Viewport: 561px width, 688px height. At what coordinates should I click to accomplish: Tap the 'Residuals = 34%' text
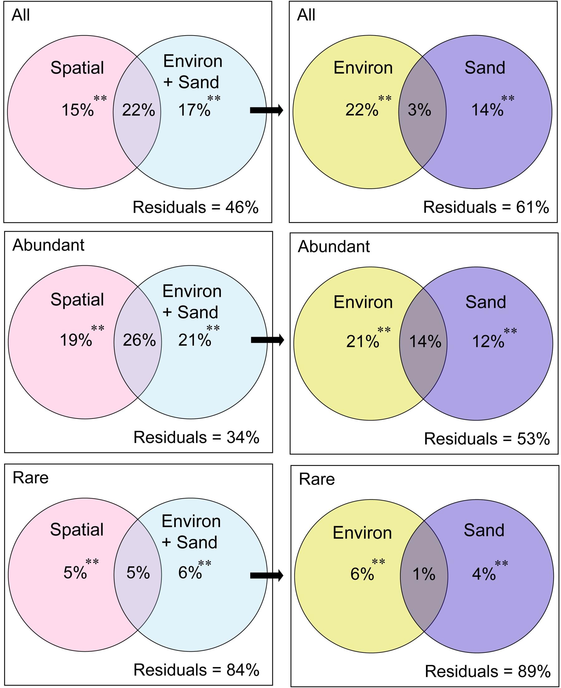pos(196,438)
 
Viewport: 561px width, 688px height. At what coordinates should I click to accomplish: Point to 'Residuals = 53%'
pos(487,439)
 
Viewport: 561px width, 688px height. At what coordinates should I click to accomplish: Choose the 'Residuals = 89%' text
pos(487,671)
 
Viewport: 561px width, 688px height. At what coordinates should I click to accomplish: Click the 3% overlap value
pos(419,110)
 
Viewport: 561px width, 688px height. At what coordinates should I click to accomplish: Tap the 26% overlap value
pos(139,341)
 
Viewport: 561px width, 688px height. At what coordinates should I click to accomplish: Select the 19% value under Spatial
pos(76,341)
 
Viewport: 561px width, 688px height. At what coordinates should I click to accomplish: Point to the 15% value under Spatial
pos(78,110)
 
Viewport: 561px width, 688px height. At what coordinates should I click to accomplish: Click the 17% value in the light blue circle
pos(194,110)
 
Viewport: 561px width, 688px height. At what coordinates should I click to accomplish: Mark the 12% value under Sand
pos(488,342)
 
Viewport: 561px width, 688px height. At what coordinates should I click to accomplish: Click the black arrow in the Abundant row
pos(267,340)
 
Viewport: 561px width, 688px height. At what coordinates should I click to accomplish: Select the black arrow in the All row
pos(266,110)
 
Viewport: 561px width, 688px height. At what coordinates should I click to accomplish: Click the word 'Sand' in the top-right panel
pos(485,68)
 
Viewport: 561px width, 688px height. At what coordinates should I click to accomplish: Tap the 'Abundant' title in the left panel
pos(49,245)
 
